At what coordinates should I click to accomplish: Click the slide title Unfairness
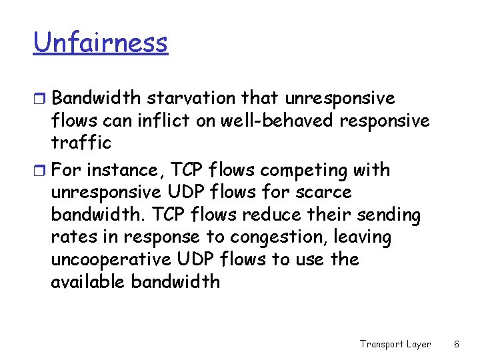(x=101, y=43)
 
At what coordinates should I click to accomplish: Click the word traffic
(x=81, y=143)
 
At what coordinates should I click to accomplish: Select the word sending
(x=389, y=215)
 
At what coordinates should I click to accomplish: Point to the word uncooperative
(x=111, y=259)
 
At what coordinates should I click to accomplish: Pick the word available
(x=87, y=281)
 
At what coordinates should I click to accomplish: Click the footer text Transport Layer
(x=395, y=344)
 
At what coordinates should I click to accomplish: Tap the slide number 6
(x=457, y=344)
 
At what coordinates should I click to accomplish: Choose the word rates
(x=71, y=237)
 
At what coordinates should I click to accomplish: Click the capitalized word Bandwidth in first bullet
(x=96, y=99)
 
